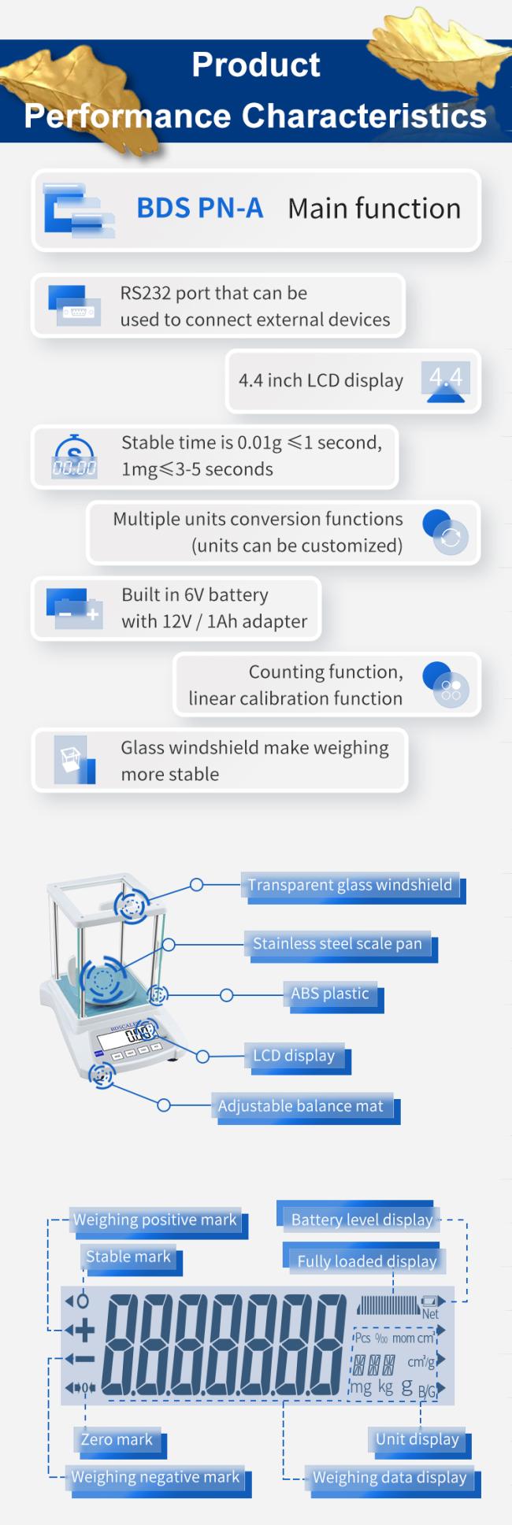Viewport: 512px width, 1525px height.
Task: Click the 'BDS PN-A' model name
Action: [199, 209]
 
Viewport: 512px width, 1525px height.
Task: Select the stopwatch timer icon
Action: [74, 457]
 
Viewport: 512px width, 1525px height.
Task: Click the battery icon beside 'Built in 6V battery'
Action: [74, 608]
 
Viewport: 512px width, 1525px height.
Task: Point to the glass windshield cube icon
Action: [74, 760]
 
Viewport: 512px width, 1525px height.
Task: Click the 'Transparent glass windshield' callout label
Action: [351, 885]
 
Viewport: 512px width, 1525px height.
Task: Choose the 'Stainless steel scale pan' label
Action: [337, 944]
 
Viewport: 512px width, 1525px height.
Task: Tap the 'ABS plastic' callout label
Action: [330, 994]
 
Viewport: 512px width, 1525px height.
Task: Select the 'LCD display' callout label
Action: [294, 1056]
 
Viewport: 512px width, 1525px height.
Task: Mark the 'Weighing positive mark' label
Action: [155, 1220]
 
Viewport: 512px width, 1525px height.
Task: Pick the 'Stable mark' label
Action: [128, 1257]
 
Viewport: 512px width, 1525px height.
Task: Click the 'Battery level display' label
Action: [362, 1220]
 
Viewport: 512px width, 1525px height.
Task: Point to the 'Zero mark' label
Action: [117, 1440]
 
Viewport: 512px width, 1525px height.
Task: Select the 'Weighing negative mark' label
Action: [155, 1478]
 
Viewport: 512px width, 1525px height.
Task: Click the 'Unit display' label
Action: [417, 1439]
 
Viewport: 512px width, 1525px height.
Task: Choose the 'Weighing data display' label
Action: [390, 1478]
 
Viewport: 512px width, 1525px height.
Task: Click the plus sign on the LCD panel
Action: [83, 1331]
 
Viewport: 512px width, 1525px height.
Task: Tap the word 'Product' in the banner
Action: [256, 65]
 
